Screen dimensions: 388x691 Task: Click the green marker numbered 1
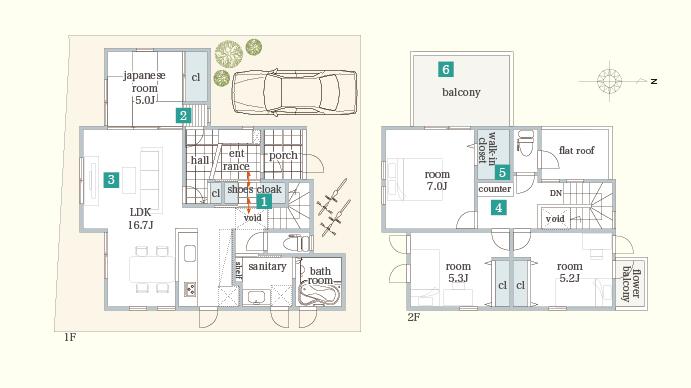pyautogui.click(x=264, y=201)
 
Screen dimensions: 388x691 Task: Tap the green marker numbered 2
pyautogui.click(x=184, y=116)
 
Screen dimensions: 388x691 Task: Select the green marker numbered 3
pyautogui.click(x=112, y=180)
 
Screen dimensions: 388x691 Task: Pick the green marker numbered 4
pyautogui.click(x=498, y=208)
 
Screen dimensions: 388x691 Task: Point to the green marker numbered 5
pyautogui.click(x=502, y=172)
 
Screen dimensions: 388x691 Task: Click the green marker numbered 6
pyautogui.click(x=446, y=69)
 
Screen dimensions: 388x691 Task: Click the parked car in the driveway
pyautogui.click(x=294, y=93)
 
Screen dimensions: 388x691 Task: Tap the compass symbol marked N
pyautogui.click(x=612, y=80)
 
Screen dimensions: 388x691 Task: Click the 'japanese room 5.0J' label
pyautogui.click(x=144, y=88)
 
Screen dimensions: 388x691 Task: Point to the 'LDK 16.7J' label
pyautogui.click(x=140, y=219)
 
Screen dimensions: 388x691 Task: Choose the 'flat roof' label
pyautogui.click(x=577, y=151)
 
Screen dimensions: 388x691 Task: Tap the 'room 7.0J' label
pyautogui.click(x=435, y=180)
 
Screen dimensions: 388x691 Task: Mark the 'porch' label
pyautogui.click(x=284, y=156)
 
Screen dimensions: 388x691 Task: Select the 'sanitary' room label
pyautogui.click(x=267, y=267)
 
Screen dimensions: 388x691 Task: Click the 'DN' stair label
pyautogui.click(x=556, y=192)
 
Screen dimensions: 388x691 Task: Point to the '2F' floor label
pyautogui.click(x=414, y=318)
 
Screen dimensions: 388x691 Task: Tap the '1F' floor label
pyautogui.click(x=70, y=338)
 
